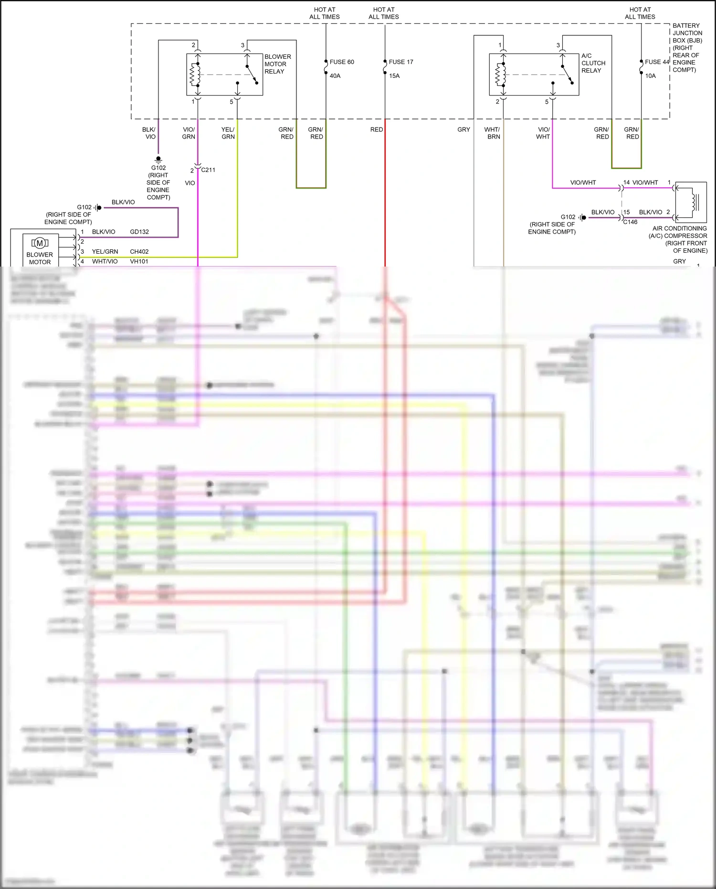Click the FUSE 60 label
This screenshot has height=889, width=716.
pos(342,62)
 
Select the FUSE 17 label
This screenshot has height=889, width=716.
pos(401,62)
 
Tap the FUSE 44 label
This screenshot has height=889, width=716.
pos(657,62)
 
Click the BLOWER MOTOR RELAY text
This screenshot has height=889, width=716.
pos(277,64)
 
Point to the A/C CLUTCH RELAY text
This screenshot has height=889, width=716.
pos(593,63)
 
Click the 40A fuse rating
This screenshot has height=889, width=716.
pos(335,76)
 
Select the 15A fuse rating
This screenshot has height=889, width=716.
pos(394,76)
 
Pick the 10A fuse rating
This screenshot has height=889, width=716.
pos(650,76)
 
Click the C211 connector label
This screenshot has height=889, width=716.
pos(208,170)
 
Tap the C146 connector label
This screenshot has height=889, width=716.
pos(630,222)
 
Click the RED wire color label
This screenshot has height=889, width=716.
pos(377,129)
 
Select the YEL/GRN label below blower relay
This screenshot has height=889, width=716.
pos(228,133)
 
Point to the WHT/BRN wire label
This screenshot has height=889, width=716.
pos(493,133)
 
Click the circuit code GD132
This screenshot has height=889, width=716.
pos(139,232)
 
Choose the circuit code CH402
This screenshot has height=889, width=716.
pos(139,252)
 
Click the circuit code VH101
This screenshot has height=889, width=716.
pos(139,262)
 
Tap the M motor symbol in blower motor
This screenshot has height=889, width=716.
pos(40,243)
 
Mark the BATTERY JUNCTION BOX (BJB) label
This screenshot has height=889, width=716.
pos(687,47)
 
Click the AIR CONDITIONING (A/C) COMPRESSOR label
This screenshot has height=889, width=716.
pos(679,239)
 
